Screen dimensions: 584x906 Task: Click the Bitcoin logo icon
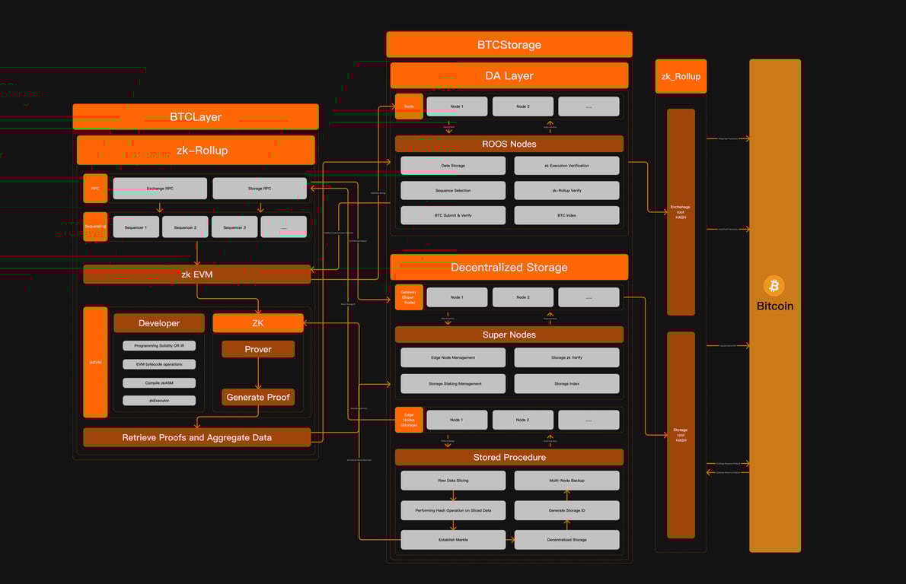pyautogui.click(x=774, y=286)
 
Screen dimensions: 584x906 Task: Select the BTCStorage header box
pyautogui.click(x=509, y=45)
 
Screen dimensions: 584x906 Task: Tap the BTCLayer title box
pyautogui.click(x=196, y=117)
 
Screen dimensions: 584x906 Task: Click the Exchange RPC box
pyautogui.click(x=160, y=189)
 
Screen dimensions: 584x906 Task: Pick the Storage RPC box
pyautogui.click(x=260, y=189)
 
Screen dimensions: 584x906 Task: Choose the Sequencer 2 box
pyautogui.click(x=185, y=227)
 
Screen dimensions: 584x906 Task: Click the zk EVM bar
pyautogui.click(x=196, y=275)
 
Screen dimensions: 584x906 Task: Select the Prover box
pyautogui.click(x=258, y=349)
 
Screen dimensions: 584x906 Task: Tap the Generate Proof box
pyautogui.click(x=258, y=397)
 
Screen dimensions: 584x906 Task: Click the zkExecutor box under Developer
pyautogui.click(x=159, y=400)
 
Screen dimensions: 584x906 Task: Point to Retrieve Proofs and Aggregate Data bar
pyautogui.click(x=196, y=437)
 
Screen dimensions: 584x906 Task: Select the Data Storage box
pyautogui.click(x=453, y=166)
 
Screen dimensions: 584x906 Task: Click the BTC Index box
pyautogui.click(x=566, y=215)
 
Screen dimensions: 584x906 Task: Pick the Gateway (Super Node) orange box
pyautogui.click(x=409, y=297)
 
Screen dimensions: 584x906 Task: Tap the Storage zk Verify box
pyautogui.click(x=566, y=357)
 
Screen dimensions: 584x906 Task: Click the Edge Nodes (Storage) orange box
pyautogui.click(x=409, y=420)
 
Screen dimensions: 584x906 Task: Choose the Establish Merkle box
pyautogui.click(x=453, y=540)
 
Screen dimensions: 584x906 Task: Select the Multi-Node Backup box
pyautogui.click(x=566, y=481)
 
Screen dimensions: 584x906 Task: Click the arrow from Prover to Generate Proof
pyautogui.click(x=258, y=373)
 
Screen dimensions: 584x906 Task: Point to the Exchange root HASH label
pyautogui.click(x=681, y=211)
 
